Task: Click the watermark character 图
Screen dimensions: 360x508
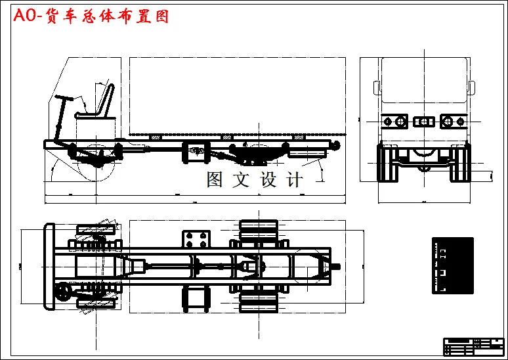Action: click(216, 179)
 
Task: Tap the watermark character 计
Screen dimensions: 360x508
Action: click(295, 179)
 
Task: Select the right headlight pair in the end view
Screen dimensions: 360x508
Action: click(453, 122)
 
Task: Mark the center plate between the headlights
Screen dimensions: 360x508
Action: click(424, 122)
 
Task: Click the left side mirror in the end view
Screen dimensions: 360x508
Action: click(376, 88)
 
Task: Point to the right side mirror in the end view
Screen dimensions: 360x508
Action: click(471, 88)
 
